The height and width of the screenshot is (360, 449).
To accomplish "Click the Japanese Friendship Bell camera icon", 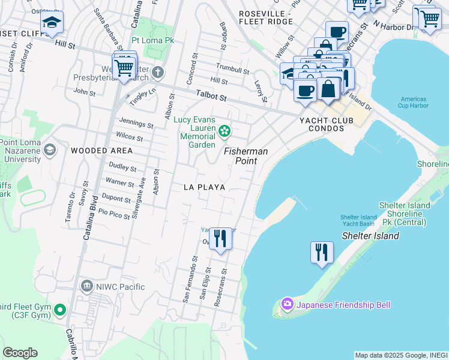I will click(x=287, y=305).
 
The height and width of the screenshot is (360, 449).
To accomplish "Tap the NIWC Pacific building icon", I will click(x=86, y=286).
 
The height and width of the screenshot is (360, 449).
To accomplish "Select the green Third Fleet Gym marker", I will click(x=59, y=310).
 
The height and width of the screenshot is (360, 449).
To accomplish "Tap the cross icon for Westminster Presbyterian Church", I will click(x=158, y=73).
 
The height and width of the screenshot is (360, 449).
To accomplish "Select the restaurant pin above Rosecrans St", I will click(x=220, y=238).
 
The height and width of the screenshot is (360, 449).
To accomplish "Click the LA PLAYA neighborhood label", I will click(x=204, y=187).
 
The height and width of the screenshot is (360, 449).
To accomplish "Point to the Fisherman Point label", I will click(x=246, y=157).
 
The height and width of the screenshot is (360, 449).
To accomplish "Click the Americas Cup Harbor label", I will click(x=412, y=103).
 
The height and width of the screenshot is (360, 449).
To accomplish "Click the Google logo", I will click(x=20, y=352).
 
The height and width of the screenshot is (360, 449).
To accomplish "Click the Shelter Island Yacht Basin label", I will click(x=358, y=220).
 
